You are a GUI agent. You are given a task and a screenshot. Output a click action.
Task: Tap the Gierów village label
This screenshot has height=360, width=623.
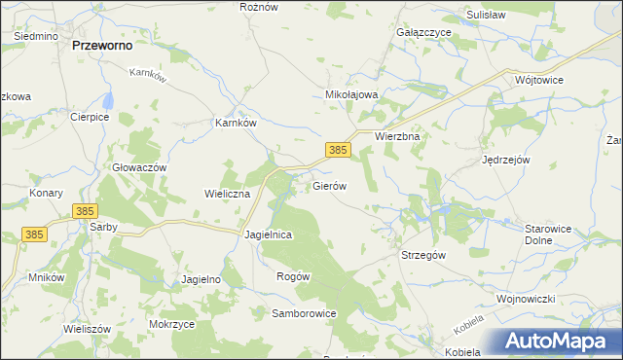[x=329, y=185]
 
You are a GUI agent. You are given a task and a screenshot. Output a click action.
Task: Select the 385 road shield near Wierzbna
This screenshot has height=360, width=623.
[x=338, y=150]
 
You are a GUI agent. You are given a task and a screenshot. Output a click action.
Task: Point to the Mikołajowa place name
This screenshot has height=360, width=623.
[x=350, y=95]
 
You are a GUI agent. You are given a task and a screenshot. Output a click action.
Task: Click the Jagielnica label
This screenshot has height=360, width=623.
[x=270, y=235]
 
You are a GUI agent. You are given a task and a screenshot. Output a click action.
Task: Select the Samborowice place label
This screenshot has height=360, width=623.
[x=304, y=314]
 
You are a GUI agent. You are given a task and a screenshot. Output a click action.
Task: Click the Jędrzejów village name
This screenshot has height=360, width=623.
[x=505, y=160]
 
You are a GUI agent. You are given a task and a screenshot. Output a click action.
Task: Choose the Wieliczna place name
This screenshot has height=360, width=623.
[x=228, y=194]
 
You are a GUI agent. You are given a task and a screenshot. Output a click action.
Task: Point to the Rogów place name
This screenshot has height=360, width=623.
[x=293, y=276]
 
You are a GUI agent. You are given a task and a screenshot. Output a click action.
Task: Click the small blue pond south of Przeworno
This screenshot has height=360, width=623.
[x=110, y=100]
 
